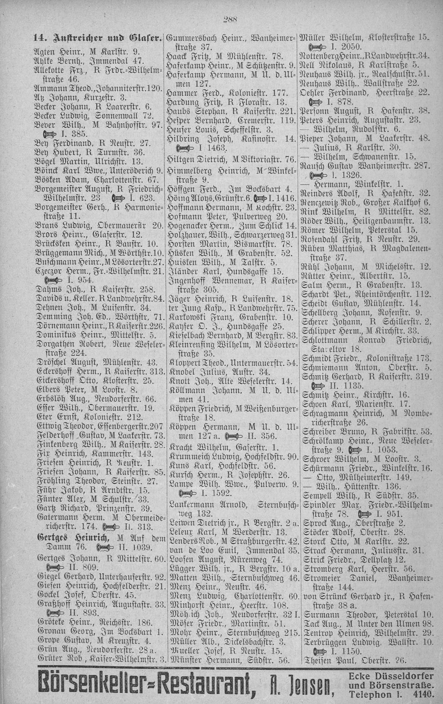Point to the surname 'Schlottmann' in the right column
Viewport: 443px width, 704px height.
coord(321,340)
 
